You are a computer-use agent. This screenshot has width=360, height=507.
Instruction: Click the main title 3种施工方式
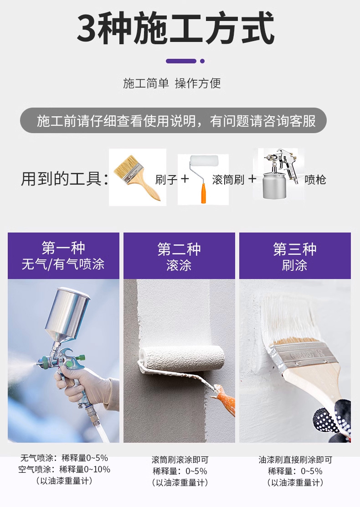[175, 28]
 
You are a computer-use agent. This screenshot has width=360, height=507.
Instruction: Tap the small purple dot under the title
[202, 61]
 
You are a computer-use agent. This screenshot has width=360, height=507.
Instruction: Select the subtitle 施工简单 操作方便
[172, 83]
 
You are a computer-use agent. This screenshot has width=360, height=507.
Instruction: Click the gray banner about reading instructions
[173, 121]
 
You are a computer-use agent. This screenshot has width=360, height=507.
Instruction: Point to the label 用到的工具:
[65, 179]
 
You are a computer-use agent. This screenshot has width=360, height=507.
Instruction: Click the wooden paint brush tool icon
[137, 177]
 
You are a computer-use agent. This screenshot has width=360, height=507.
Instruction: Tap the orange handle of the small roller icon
[203, 193]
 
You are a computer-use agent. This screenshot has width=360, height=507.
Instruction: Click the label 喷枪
[315, 180]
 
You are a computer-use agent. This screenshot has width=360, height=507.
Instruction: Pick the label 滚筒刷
[228, 180]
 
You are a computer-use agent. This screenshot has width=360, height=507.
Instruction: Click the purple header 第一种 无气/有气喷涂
[63, 256]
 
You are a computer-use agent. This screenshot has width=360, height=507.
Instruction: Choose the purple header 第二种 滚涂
[179, 256]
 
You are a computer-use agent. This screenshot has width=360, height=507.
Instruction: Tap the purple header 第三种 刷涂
[295, 256]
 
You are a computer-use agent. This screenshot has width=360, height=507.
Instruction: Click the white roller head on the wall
[182, 359]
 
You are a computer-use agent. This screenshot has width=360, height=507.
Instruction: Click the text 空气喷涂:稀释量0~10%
[64, 469]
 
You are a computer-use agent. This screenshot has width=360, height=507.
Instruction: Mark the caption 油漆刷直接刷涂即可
[295, 460]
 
